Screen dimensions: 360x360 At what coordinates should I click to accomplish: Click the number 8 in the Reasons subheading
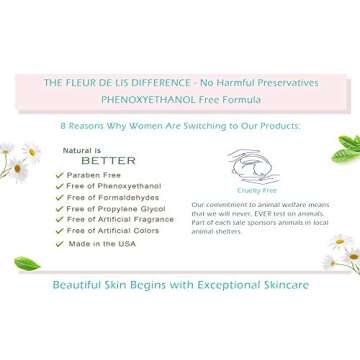tap(62, 127)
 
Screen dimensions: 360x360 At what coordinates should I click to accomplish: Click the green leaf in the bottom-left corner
tap(27, 265)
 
